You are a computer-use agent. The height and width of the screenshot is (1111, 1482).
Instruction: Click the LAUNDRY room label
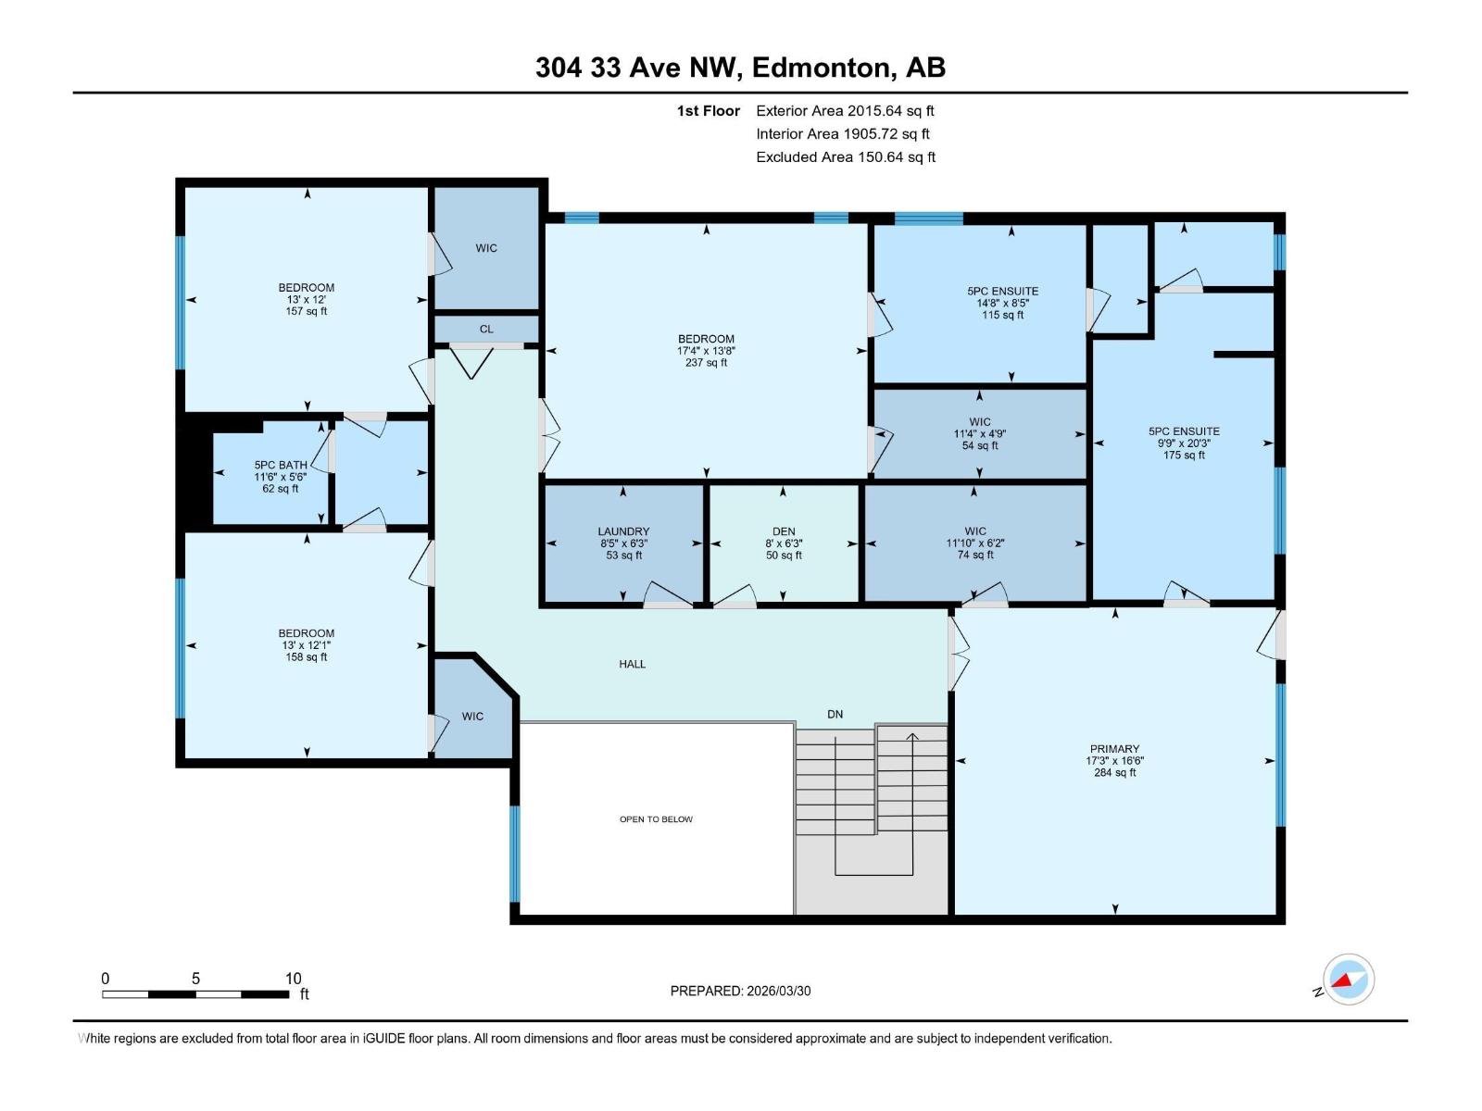[623, 531]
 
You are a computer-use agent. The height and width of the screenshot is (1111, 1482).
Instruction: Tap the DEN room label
[784, 531]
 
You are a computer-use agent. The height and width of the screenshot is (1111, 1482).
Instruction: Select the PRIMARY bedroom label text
[1114, 749]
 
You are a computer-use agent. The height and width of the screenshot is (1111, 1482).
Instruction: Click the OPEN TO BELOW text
[656, 819]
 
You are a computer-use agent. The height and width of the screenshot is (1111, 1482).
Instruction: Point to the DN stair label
[835, 714]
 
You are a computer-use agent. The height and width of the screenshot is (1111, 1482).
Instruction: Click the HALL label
[633, 664]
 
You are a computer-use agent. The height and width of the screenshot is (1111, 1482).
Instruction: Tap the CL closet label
[486, 329]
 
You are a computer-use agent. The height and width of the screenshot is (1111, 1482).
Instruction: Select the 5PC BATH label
[280, 465]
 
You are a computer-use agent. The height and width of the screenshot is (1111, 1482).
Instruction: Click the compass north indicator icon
[1349, 980]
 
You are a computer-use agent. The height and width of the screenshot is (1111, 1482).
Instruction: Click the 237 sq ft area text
[706, 363]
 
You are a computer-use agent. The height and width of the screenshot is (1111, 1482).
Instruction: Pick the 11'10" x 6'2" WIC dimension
[974, 543]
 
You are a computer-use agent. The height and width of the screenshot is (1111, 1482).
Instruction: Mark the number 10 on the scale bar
[293, 979]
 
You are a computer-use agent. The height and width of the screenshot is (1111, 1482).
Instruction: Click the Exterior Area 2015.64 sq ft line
[845, 110]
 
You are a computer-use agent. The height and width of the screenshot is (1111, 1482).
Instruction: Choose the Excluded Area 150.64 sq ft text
[845, 157]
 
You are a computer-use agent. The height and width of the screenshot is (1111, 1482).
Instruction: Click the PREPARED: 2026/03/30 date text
[740, 991]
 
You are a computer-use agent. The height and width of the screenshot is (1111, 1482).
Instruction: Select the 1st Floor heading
[708, 111]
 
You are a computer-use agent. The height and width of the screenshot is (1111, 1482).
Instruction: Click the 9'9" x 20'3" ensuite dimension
[1183, 443]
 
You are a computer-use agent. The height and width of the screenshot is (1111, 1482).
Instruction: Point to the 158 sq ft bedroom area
[306, 657]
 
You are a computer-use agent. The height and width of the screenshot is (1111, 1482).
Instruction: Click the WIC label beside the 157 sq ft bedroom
[486, 248]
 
